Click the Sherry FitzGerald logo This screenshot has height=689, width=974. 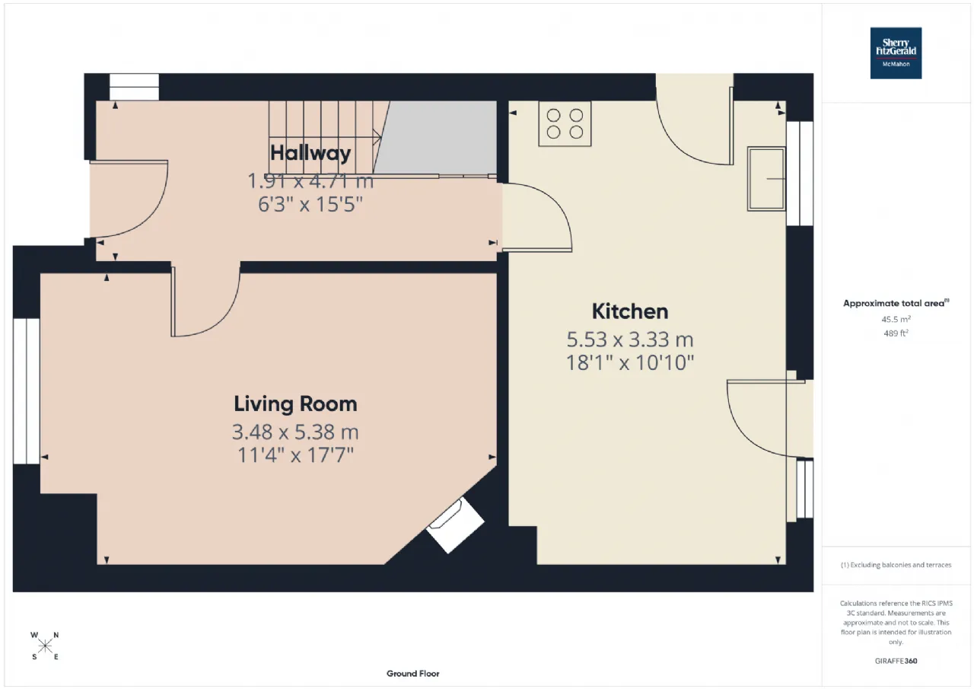point(896,53)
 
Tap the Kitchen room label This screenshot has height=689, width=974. point(630,311)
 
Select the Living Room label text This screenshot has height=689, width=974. point(295,404)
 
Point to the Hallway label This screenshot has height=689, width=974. point(310,153)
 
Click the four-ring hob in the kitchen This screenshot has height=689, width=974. point(565,123)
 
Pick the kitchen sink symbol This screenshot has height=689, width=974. point(766,179)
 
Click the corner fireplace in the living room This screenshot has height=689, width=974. point(455,525)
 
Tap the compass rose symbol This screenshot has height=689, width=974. point(45,646)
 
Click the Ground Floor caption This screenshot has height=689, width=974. point(412,674)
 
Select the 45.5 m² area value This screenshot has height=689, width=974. point(896,320)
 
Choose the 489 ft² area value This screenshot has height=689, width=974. point(896,333)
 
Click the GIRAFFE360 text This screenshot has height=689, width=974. point(896,661)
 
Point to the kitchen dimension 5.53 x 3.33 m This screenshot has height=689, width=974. point(630,340)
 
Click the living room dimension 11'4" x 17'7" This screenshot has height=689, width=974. point(295,455)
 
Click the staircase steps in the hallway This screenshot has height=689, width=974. point(323,137)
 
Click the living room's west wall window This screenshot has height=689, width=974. point(26,391)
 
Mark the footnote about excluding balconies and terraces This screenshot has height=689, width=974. point(896,565)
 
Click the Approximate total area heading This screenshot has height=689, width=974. point(896,303)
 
